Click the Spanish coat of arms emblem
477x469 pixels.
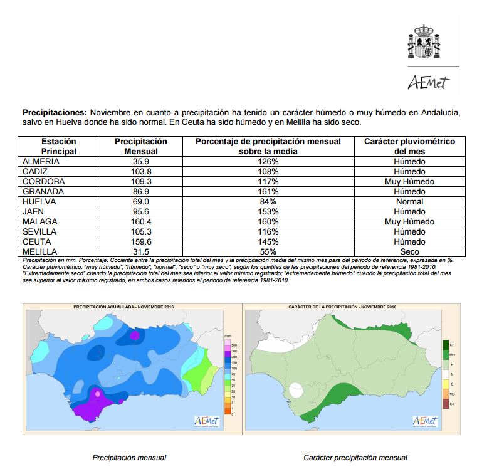(425, 42)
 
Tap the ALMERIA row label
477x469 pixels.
(41, 162)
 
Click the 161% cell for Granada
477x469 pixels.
(267, 192)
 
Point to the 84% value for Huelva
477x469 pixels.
(267, 202)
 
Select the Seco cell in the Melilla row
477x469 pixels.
(409, 252)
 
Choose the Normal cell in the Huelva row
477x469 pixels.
(409, 202)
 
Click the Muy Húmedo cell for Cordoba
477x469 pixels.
(409, 182)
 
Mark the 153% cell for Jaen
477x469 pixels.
(267, 212)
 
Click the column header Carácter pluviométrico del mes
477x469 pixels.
(409, 147)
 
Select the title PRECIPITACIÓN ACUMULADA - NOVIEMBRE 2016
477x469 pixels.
(123, 307)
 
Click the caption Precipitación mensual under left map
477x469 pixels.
(129, 458)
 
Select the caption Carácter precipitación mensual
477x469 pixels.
(355, 458)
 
